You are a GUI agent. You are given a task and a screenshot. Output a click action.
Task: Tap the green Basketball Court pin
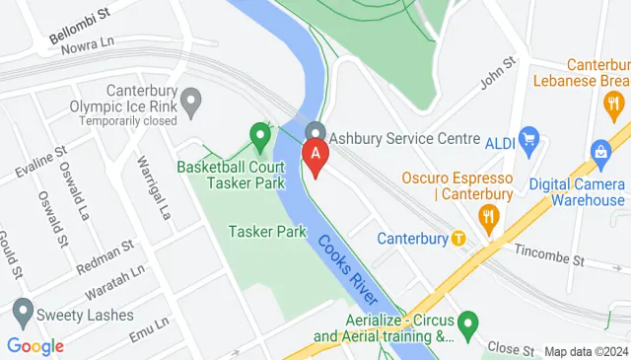(x=260, y=135)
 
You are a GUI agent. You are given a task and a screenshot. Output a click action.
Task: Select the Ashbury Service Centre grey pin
(x=315, y=132)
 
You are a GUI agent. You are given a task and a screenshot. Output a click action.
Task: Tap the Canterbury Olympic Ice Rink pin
(x=190, y=100)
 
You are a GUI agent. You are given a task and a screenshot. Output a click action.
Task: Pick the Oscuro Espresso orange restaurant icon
(x=485, y=214)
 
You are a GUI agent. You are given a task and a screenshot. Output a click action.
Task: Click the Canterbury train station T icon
(x=458, y=239)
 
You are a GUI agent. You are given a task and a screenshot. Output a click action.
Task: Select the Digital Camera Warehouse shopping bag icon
(x=598, y=151)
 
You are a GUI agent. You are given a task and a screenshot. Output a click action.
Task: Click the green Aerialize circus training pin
(x=468, y=322)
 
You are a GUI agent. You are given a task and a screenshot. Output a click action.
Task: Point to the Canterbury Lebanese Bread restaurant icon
(x=613, y=102)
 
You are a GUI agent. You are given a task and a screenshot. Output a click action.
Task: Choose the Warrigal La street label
(x=155, y=187)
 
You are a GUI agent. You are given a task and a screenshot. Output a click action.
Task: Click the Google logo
(x=35, y=346)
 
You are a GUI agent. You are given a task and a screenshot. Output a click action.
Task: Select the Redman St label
(x=105, y=255)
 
